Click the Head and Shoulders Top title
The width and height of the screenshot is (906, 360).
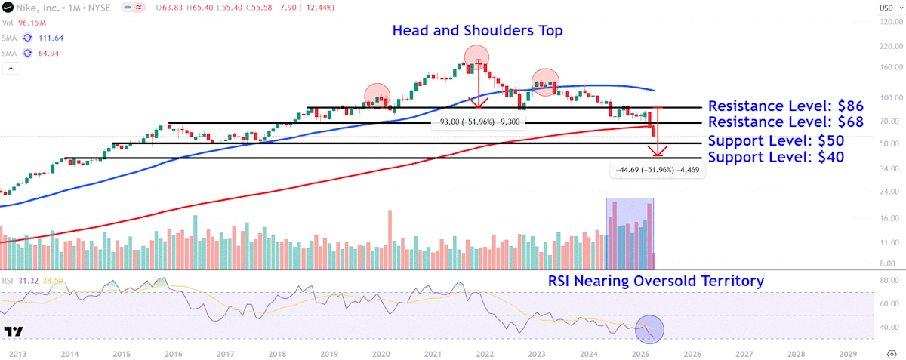(477, 31)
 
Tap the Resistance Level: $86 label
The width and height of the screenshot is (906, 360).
(785, 106)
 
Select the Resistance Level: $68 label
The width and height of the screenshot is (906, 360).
(785, 122)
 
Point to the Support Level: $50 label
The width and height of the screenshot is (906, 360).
(775, 141)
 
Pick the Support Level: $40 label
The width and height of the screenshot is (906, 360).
(775, 157)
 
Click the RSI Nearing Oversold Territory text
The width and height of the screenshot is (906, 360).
(655, 281)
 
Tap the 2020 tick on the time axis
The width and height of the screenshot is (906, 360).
(381, 353)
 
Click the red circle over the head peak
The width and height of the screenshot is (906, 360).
(476, 57)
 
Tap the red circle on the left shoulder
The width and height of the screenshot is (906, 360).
(378, 95)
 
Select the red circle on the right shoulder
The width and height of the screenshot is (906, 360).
(546, 80)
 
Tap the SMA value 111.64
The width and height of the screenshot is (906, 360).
(50, 38)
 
